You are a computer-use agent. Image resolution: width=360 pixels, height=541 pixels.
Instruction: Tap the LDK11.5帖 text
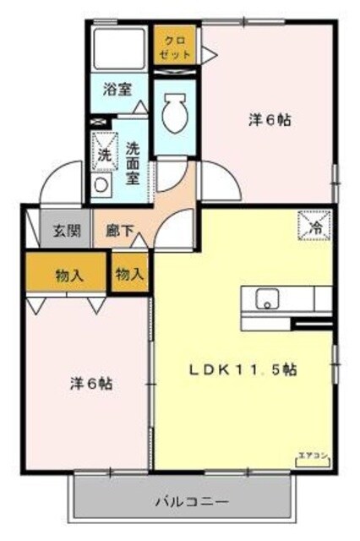pos(242,369)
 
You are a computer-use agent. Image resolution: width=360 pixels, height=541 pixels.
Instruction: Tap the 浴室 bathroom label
pos(117,88)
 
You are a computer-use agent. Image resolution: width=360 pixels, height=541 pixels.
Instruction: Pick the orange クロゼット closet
pos(176,45)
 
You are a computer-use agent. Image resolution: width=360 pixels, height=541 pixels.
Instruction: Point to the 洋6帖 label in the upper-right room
pos(270,120)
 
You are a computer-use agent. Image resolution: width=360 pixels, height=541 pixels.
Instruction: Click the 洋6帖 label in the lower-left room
pos(90,383)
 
